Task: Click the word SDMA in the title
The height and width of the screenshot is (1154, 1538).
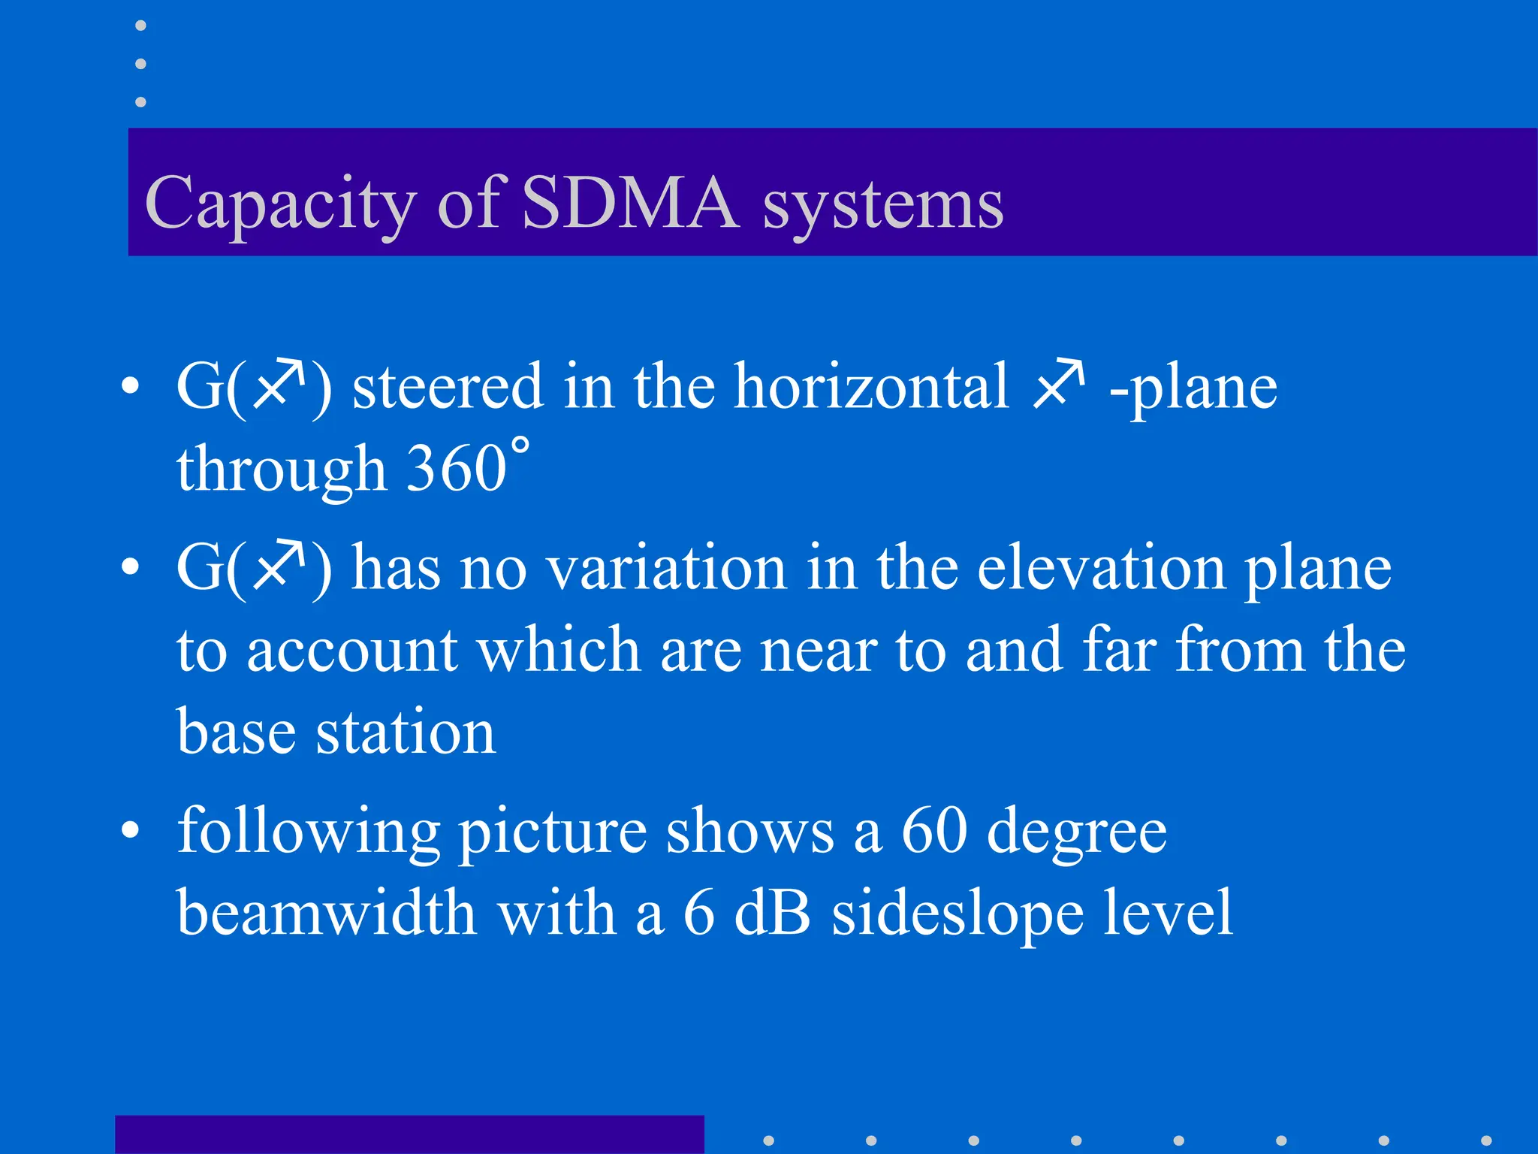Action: pyautogui.click(x=629, y=203)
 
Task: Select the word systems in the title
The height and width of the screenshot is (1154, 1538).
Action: pyautogui.click(x=883, y=206)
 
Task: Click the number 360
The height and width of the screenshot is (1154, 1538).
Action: pyautogui.click(x=457, y=469)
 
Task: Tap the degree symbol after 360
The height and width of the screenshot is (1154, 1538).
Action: pyautogui.click(x=520, y=445)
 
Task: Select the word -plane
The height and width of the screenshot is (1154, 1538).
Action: pyautogui.click(x=1193, y=388)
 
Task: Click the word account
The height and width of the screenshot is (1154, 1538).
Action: pyautogui.click(x=352, y=651)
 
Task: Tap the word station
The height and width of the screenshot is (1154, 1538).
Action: pyautogui.click(x=406, y=733)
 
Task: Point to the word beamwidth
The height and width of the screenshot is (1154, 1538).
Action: pyautogui.click(x=327, y=914)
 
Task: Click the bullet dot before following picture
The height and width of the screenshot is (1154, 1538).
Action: pyautogui.click(x=131, y=830)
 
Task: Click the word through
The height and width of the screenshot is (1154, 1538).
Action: pyautogui.click(x=281, y=470)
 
